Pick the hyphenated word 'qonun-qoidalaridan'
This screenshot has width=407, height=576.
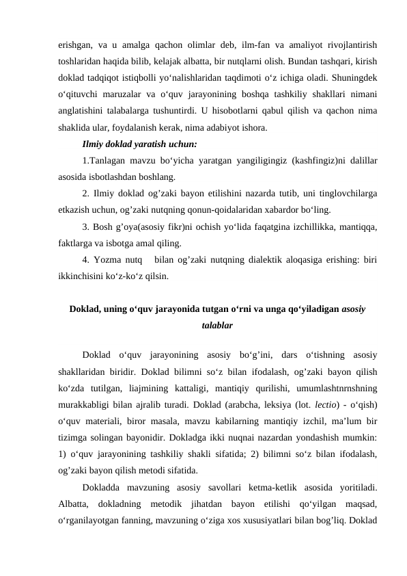pos(238,212)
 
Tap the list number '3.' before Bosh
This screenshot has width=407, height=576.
pos(87,227)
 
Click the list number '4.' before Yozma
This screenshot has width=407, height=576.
pos(87,260)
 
